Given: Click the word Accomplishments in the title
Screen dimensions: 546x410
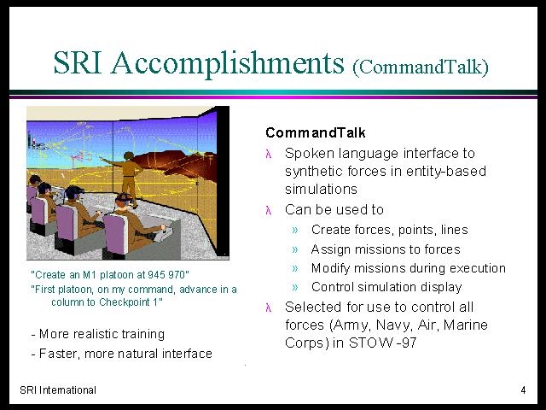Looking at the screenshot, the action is pos(228,63).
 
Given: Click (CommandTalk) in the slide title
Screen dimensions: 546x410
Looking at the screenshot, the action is pos(421,67).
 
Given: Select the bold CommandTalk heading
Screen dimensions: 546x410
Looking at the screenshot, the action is pos(316,133).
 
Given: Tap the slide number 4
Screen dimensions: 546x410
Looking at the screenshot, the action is pos(523,390).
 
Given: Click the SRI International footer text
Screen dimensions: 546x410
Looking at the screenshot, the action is pos(58,390).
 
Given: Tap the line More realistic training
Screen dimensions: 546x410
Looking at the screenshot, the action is pos(98,334).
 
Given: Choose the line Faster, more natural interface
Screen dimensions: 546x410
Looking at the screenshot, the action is pos(121,354).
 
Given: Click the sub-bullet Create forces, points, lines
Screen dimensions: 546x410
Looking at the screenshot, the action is pos(390,230).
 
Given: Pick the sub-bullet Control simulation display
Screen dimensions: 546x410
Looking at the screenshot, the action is pos(386,287).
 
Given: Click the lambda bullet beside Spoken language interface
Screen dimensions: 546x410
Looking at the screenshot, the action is pos(269,154).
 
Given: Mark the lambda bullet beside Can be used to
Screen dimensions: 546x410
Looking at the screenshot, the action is pos(269,210).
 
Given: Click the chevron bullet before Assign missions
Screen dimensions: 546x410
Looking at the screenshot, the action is pos(295,249).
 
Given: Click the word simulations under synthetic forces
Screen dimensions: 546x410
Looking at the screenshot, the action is pos(321,190).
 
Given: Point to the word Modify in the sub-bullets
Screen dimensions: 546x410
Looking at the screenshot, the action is pos(328,268).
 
